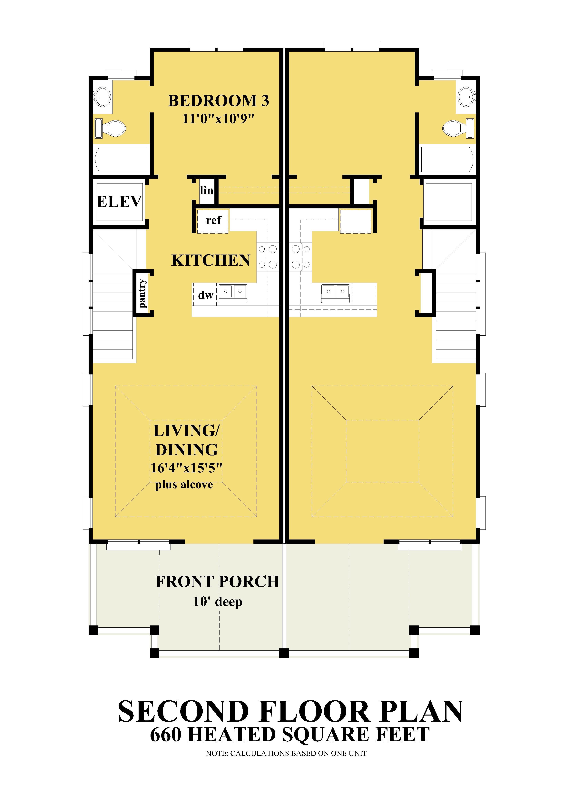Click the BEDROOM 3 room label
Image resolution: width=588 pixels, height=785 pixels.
218,101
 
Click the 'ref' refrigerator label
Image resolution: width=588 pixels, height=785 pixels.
213,220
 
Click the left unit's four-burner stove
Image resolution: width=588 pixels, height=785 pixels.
268,256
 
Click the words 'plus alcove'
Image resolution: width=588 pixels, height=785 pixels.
184,485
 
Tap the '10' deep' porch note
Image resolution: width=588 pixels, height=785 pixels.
218,602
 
